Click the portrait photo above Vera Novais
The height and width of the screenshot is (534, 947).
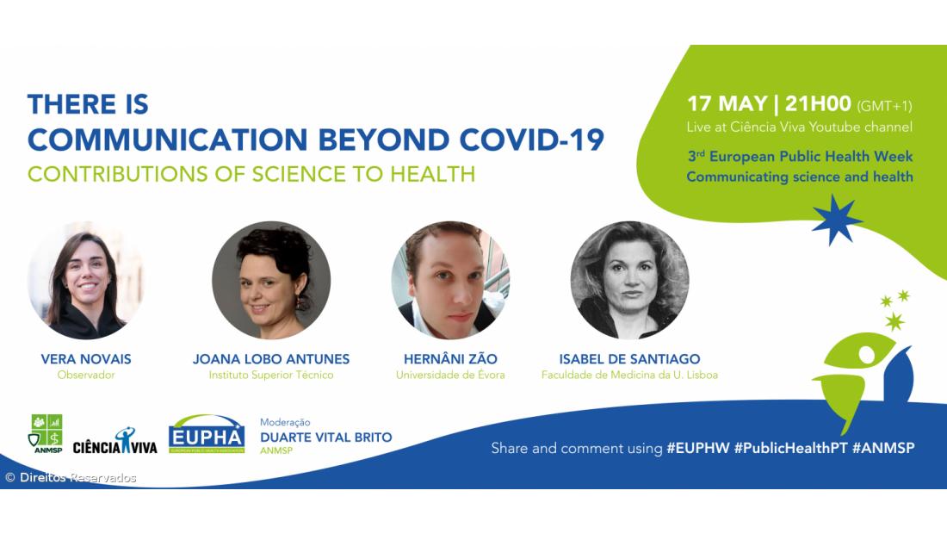tap(86, 280)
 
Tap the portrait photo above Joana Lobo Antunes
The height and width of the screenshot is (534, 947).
tap(271, 280)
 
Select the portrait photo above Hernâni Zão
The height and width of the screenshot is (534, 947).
tap(450, 280)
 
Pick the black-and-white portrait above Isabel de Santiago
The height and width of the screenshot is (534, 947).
tap(629, 280)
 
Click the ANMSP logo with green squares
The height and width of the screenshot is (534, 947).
tap(46, 433)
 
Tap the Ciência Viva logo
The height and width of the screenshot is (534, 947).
tap(115, 442)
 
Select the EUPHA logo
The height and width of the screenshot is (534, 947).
tap(207, 434)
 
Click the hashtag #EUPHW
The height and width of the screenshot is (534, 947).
tap(697, 448)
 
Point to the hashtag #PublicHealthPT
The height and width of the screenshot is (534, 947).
tap(790, 448)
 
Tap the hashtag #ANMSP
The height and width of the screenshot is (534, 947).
tap(883, 448)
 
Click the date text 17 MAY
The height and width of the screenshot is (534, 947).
tap(727, 104)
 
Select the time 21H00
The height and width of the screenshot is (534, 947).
tap(818, 104)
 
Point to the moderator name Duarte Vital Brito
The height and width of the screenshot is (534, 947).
tap(326, 438)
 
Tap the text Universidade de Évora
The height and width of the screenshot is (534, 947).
tap(450, 376)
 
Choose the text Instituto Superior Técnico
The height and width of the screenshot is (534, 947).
tap(271, 376)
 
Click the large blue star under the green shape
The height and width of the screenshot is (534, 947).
tap(836, 220)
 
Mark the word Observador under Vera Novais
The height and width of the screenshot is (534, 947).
tap(86, 376)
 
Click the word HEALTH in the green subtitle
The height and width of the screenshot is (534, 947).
tap(432, 174)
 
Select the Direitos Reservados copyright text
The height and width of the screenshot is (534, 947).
tap(71, 478)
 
